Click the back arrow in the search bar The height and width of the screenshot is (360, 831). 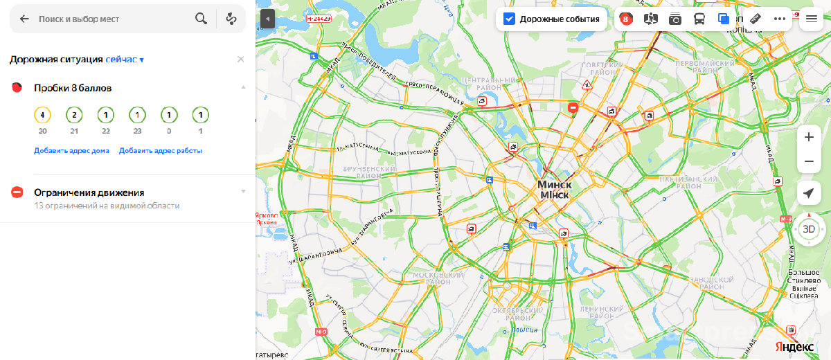coord(24,19)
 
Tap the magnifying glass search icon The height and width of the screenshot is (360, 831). coord(201,19)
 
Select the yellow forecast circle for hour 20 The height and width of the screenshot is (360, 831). coord(42,115)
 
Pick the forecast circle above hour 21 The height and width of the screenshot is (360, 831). coord(74,115)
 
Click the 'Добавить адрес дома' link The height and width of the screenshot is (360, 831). coord(71,150)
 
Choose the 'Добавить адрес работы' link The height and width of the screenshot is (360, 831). coord(160,150)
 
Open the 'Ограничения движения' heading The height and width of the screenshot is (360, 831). coord(89,192)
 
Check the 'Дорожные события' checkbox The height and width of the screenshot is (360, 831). coord(509,19)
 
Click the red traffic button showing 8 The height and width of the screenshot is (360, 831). coord(626,19)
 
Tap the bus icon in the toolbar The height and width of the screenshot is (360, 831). coord(699,19)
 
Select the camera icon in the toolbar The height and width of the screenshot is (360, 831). coord(674,19)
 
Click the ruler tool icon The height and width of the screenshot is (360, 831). coord(756,19)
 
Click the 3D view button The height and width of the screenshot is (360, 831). coord(809,228)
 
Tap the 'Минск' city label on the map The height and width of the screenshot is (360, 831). coord(554,186)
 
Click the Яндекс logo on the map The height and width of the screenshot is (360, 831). coord(794,346)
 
